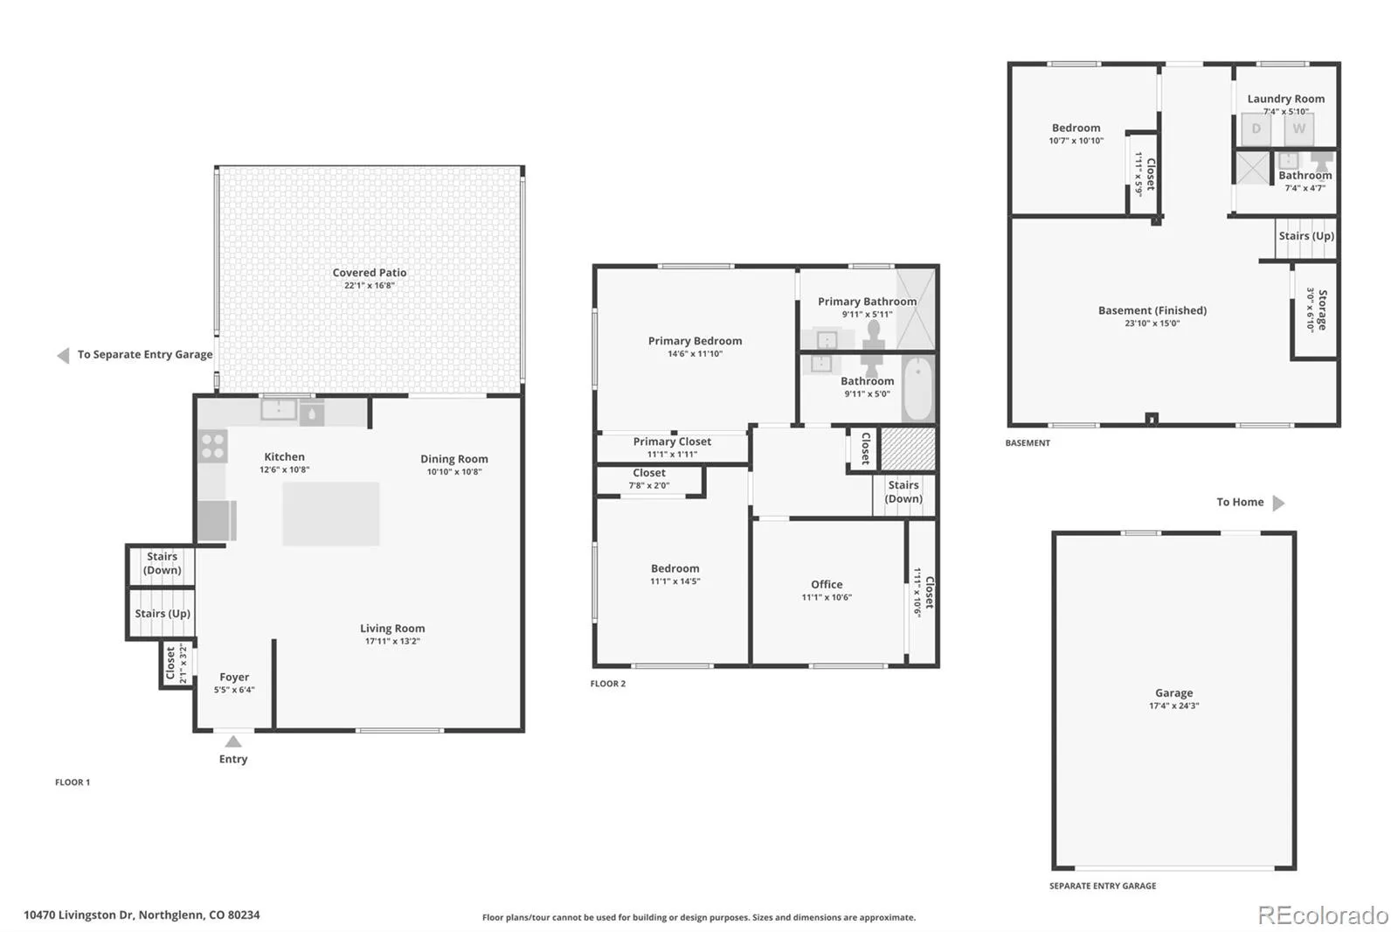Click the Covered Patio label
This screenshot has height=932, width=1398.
(x=370, y=273)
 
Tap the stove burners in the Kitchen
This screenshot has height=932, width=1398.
(x=213, y=446)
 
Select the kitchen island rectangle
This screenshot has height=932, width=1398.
(x=331, y=513)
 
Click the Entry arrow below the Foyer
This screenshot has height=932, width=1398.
(x=232, y=741)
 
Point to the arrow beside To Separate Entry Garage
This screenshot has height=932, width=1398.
(x=63, y=356)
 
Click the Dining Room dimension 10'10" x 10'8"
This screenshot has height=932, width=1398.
(x=453, y=471)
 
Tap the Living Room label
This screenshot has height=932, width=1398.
(x=392, y=629)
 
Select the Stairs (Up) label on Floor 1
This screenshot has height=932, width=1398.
(x=163, y=614)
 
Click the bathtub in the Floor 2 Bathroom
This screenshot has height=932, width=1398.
(x=917, y=388)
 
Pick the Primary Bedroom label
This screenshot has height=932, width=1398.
(x=695, y=340)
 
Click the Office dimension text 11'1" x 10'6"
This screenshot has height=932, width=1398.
(x=827, y=597)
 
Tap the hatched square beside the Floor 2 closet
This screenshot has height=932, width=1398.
(x=908, y=449)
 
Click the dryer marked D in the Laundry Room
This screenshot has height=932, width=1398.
(x=1256, y=129)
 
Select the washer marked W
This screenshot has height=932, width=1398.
(x=1298, y=129)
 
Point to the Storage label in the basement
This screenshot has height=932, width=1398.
(x=1323, y=310)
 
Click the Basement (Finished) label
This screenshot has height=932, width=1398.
(x=1152, y=310)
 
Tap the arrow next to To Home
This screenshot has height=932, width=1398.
(x=1278, y=503)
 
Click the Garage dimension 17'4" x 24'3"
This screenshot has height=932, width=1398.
(x=1174, y=706)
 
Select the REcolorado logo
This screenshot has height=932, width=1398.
(x=1323, y=915)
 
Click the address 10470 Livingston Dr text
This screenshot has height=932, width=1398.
(x=79, y=915)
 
